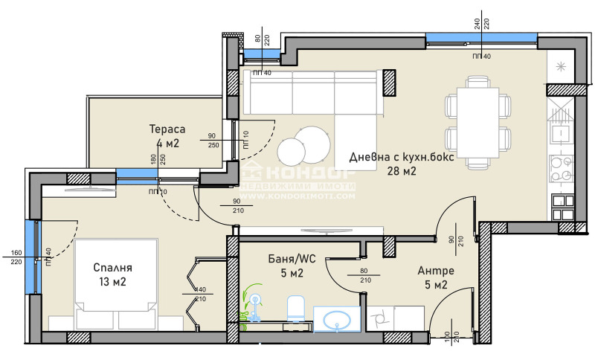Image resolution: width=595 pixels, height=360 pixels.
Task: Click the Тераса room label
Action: tap(166, 129)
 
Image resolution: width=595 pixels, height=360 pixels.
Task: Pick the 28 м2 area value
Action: tap(401, 171)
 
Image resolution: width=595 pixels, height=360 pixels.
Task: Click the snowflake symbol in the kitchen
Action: tap(561, 68)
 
